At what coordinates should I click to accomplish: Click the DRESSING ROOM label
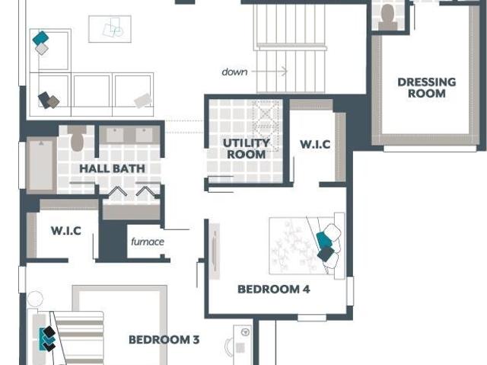(427, 88)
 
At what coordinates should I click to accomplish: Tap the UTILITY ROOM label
(247, 149)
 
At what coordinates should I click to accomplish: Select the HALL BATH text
(112, 168)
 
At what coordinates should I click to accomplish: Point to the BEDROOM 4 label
(274, 289)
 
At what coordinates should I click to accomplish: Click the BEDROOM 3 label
(164, 340)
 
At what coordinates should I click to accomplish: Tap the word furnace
(148, 242)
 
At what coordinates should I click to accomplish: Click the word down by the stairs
(234, 72)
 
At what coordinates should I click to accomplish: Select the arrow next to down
(269, 71)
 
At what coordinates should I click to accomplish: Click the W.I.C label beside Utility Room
(315, 144)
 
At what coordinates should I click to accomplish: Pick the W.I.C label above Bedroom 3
(66, 231)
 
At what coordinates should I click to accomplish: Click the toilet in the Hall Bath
(77, 138)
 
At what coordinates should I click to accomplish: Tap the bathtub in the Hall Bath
(41, 165)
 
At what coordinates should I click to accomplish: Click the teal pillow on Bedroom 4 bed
(324, 240)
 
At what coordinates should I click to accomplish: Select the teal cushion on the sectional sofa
(40, 38)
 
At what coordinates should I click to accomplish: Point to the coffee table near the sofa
(110, 29)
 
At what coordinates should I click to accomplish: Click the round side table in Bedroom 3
(35, 299)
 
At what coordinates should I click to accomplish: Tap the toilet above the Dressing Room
(387, 17)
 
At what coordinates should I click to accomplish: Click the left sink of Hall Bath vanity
(115, 135)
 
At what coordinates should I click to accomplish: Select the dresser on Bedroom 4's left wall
(215, 251)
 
